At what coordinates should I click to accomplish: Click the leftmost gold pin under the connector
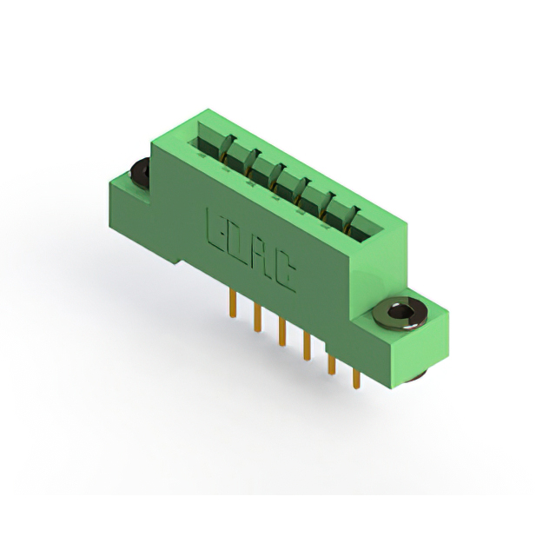(233, 303)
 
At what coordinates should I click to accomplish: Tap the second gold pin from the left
(258, 318)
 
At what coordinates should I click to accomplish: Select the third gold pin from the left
(281, 332)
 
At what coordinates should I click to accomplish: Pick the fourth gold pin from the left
(307, 347)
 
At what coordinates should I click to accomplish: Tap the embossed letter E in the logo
(215, 228)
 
